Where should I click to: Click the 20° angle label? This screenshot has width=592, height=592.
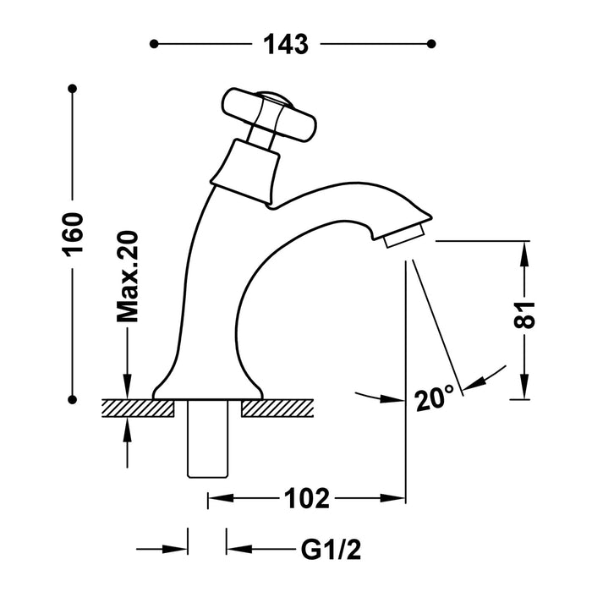pyautogui.click(x=436, y=397)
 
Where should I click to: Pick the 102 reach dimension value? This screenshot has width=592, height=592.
pyautogui.click(x=307, y=499)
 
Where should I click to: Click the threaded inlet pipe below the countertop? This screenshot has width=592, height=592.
pyautogui.click(x=206, y=439)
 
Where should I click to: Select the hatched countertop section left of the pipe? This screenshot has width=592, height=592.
pyautogui.click(x=137, y=408)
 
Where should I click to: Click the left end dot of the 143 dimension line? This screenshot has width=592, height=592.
pyautogui.click(x=153, y=43)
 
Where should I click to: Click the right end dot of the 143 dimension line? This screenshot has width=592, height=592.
pyautogui.click(x=432, y=43)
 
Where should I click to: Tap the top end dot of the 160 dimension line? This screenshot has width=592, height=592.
pyautogui.click(x=74, y=88)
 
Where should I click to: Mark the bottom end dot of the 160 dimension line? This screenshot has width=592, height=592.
pyautogui.click(x=74, y=398)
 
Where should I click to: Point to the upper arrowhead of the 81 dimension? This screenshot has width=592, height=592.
pyautogui.click(x=526, y=249)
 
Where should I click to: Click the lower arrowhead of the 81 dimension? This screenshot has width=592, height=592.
pyautogui.click(x=526, y=390)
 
